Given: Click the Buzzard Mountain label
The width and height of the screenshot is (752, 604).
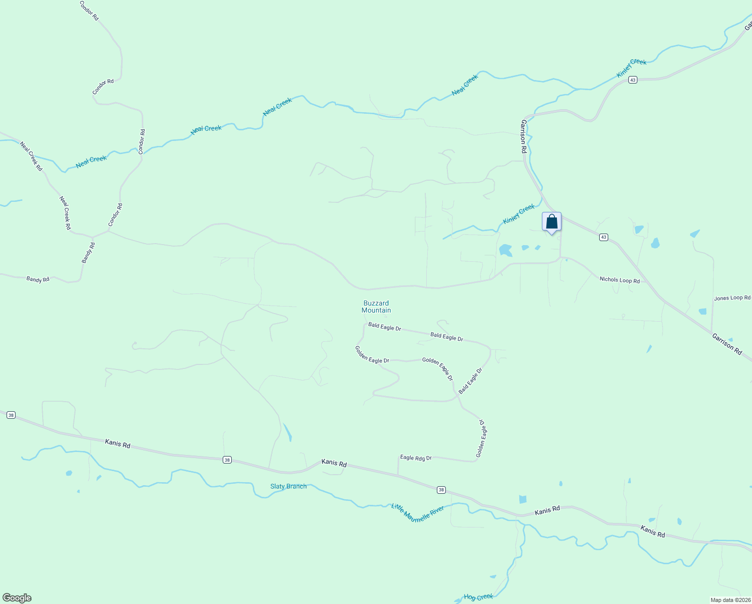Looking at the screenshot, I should coord(376,307).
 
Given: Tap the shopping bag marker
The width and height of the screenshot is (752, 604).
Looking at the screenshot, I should coord(551,222).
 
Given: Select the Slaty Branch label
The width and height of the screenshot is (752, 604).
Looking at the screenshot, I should coord(288,486).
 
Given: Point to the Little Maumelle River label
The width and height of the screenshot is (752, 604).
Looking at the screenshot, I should coord(418,513).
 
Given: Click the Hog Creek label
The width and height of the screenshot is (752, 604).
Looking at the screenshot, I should coord(478,597).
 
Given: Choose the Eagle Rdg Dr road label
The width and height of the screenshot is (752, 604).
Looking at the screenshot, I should coord(416,458).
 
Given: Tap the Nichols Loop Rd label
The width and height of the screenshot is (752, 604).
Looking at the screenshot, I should coord(619,280).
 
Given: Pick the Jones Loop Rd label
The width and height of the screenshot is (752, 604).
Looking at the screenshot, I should coord(732,298).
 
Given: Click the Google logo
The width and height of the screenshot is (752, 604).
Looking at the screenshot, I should coord(17,598).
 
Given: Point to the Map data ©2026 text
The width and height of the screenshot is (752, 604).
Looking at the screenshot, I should coord(730,600).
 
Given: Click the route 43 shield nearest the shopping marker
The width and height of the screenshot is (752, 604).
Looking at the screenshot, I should coord(604,237).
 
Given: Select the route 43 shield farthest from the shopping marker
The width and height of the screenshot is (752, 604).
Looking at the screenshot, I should coord(633,80).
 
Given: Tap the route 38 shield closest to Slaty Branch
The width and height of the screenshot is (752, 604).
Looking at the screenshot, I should coord(227,460).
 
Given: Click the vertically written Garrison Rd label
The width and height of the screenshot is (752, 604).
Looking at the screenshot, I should coord(523,136).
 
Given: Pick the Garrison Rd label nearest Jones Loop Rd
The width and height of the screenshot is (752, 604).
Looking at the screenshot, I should coord(727,344).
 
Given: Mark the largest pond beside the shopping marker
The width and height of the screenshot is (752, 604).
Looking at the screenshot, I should coord(505,250).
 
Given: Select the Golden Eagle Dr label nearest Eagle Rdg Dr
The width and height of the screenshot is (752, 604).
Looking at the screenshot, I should coord(482,439).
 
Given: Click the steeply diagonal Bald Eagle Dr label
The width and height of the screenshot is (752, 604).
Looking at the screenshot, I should coord(471,381).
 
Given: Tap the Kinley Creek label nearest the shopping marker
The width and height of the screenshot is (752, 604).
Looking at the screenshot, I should coord(519,214).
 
